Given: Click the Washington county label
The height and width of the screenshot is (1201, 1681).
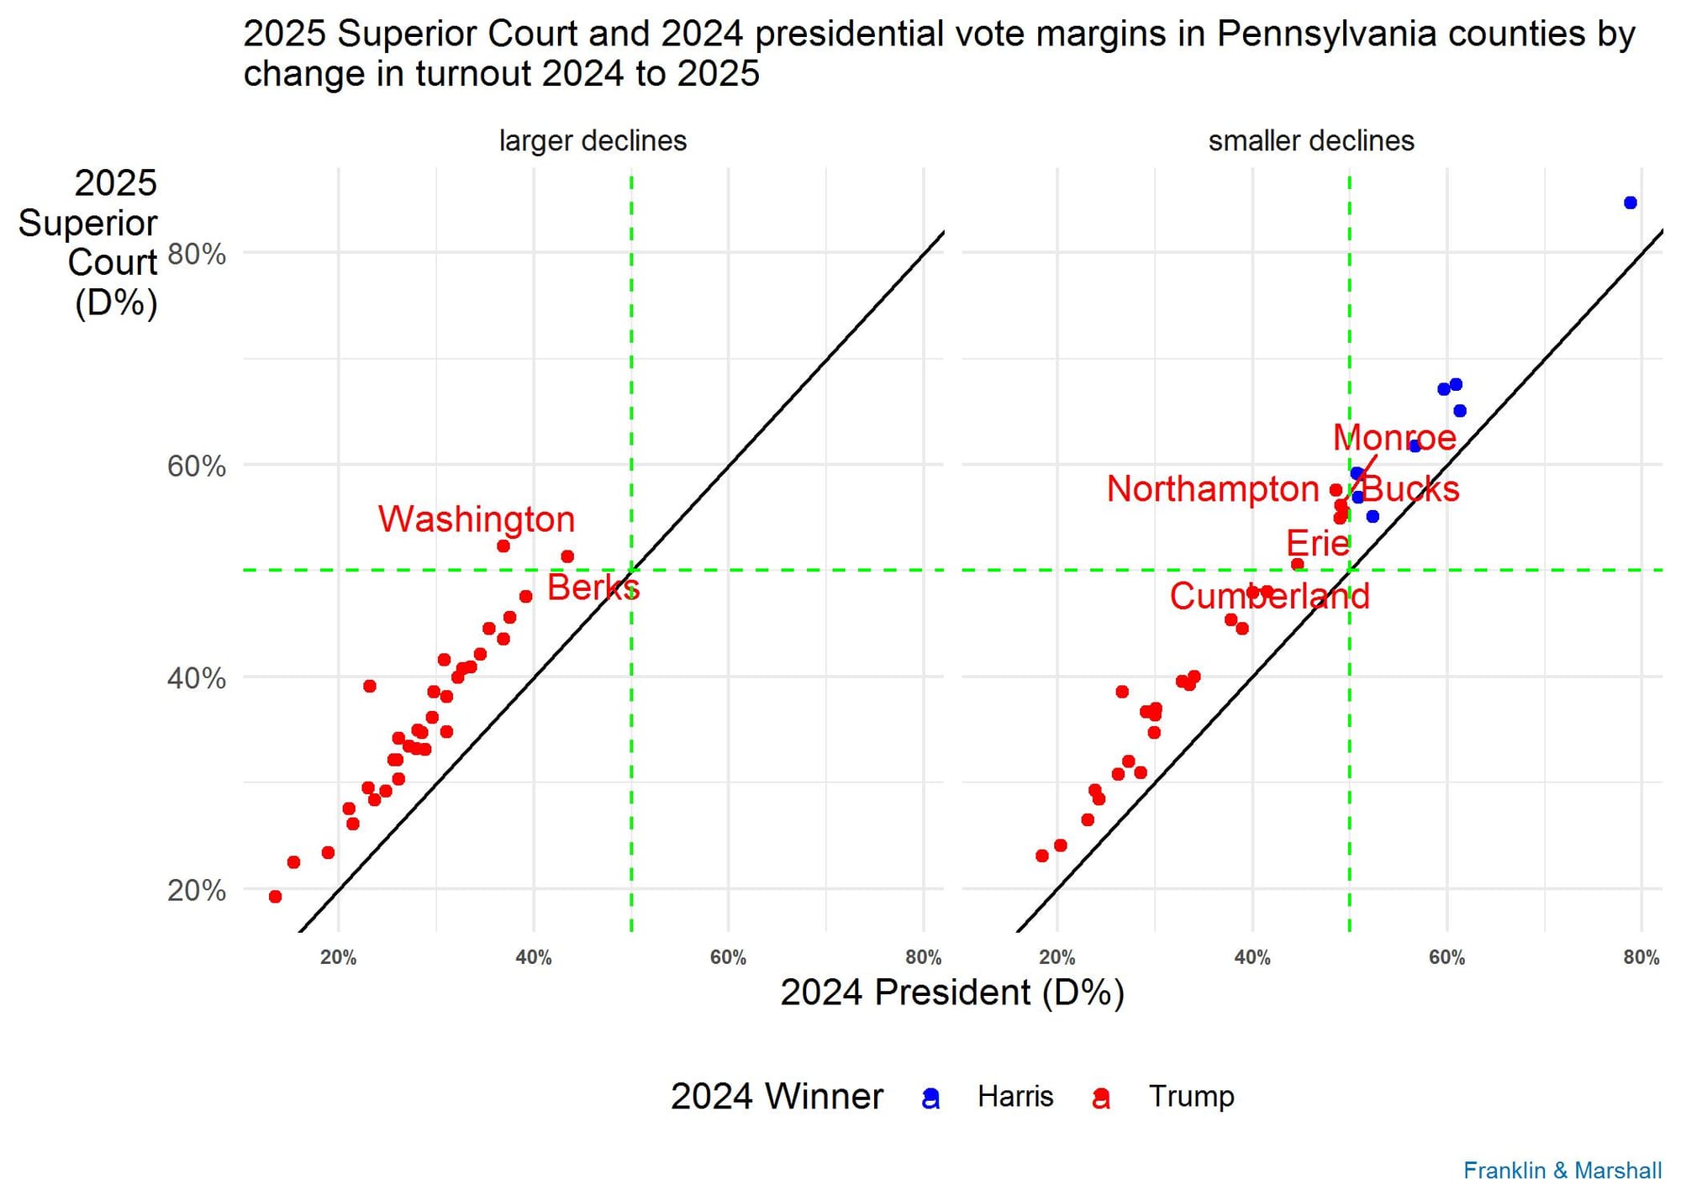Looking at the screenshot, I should (477, 519).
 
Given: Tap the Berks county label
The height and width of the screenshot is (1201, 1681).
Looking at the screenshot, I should (593, 587).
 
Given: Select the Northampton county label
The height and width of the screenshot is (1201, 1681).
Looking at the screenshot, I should (1212, 489).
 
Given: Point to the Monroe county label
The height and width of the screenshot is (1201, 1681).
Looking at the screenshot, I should (1394, 438).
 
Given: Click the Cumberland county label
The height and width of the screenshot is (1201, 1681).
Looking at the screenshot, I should (1269, 597).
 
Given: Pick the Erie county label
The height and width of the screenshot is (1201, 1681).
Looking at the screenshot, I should (1317, 544).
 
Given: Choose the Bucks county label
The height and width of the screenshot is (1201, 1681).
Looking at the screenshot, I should (1410, 489).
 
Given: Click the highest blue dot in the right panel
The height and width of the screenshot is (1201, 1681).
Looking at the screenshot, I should (1630, 203).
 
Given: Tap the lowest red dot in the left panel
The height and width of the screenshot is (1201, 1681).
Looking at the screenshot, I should (275, 897).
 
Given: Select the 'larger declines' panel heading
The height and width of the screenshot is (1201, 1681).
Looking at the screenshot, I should (593, 141).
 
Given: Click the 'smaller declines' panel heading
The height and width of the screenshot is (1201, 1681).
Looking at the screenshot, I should (1310, 141).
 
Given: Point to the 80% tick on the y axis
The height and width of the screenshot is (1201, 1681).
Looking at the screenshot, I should (197, 254).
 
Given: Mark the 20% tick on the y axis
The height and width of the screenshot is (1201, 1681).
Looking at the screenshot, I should (197, 890).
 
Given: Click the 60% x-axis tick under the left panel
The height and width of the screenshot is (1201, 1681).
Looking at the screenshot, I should (728, 957).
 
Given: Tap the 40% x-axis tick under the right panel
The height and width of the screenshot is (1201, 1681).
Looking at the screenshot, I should (1252, 957).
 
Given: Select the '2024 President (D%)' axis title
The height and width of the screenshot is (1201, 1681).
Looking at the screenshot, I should (951, 993).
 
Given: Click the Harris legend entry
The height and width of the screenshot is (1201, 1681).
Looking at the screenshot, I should (1014, 1097).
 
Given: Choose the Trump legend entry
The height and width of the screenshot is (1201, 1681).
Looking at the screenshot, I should (1191, 1097).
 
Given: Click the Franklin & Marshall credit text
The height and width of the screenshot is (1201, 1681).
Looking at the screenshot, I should (1562, 1171).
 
